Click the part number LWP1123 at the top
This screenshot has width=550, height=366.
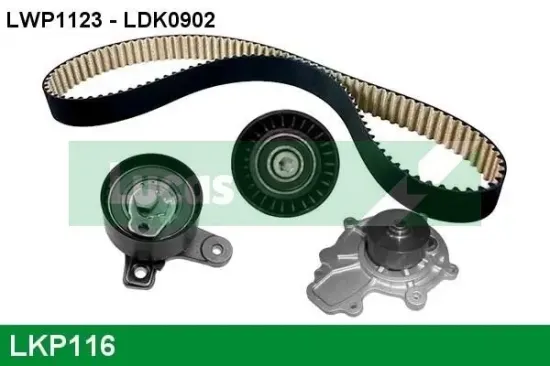click(54, 20)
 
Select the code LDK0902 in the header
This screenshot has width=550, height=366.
click(168, 20)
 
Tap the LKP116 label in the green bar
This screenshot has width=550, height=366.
click(62, 345)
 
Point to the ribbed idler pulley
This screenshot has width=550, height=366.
click(285, 163)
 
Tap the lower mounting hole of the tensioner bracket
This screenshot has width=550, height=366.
click(139, 271)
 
